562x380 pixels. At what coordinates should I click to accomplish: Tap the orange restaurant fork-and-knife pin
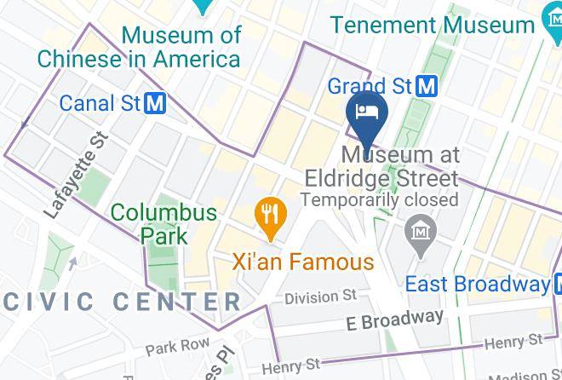(270, 212)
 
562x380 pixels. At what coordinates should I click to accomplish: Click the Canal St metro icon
(155, 104)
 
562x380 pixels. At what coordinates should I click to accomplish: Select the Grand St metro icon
(427, 85)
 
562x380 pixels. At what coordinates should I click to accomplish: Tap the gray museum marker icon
(421, 230)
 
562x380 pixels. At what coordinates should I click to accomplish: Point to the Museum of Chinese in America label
(139, 47)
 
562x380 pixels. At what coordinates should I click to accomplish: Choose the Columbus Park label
(163, 222)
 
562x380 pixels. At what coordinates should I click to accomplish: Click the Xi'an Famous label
(302, 261)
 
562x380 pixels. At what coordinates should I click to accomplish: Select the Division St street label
(320, 297)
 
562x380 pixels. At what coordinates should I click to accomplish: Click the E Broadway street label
(395, 320)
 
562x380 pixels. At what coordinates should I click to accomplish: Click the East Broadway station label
(477, 284)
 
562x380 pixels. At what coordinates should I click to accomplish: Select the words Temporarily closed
(379, 200)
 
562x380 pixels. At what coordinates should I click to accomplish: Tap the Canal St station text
(100, 104)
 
